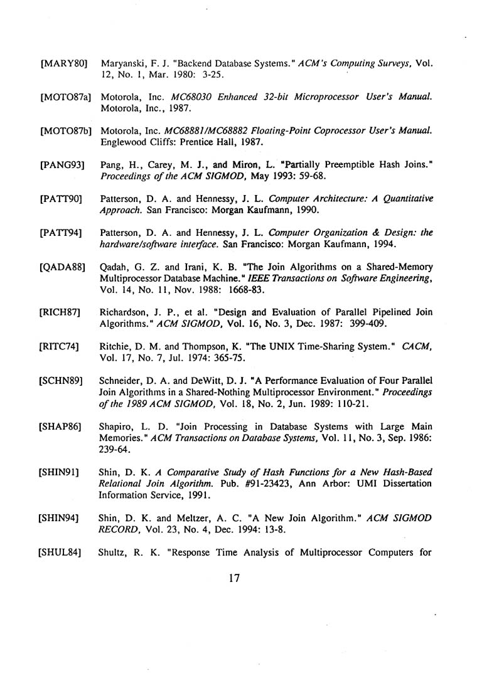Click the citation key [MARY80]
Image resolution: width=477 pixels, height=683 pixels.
[x=63, y=64]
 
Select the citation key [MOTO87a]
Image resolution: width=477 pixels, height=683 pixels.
[x=65, y=97]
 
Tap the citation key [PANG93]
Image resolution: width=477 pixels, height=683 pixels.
[x=62, y=166]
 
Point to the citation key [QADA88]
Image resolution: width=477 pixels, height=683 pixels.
[x=63, y=268]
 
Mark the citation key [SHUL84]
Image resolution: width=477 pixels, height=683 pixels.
[x=62, y=553]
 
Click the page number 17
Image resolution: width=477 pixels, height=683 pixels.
[x=235, y=579]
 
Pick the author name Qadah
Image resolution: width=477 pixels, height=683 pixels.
[x=114, y=268]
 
